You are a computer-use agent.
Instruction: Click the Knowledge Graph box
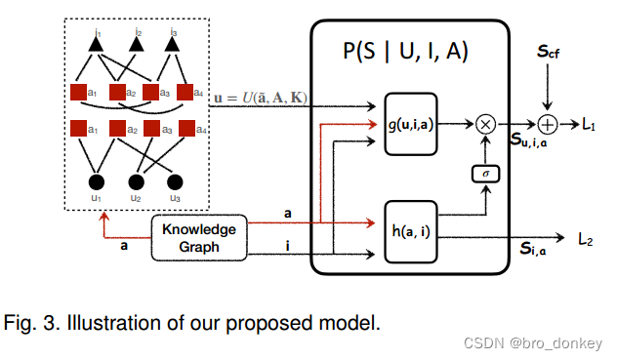click(x=198, y=237)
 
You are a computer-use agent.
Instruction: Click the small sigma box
click(x=485, y=174)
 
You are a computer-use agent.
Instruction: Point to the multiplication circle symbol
click(x=485, y=124)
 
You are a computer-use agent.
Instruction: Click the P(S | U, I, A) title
click(x=409, y=52)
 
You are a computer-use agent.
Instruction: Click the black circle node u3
click(x=175, y=182)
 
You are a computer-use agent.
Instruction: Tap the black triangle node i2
click(x=136, y=44)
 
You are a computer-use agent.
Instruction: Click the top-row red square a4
click(x=189, y=93)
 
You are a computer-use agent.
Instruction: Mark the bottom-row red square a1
click(x=79, y=127)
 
